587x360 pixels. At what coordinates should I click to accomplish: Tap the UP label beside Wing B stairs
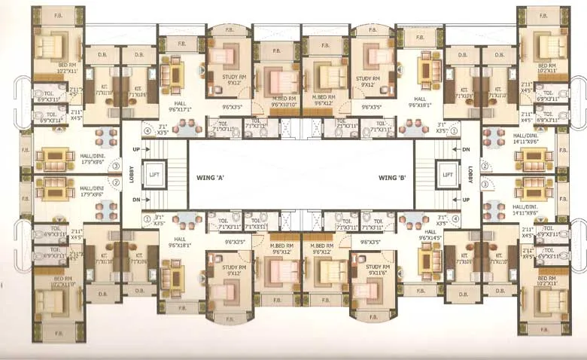[465, 200]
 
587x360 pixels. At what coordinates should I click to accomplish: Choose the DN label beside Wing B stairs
[465, 150]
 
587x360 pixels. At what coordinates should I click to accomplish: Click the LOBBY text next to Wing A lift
[130, 175]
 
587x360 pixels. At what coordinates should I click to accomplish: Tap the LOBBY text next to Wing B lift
[470, 175]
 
